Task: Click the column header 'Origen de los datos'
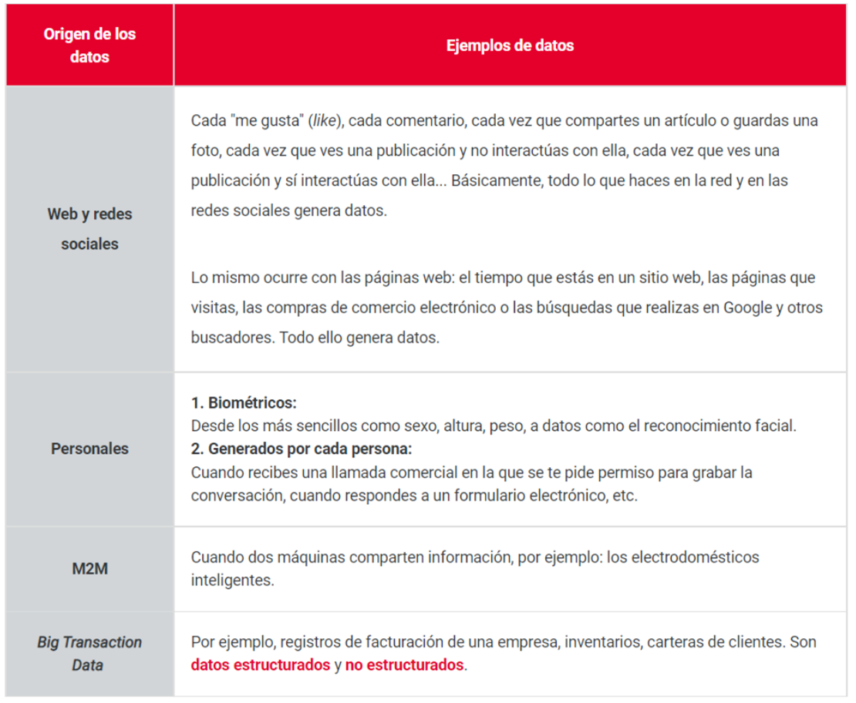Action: tap(89, 45)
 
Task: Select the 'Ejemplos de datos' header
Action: tap(510, 45)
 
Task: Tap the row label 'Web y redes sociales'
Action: tap(89, 229)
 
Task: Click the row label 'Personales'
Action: tap(89, 449)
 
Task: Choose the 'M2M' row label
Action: tap(89, 569)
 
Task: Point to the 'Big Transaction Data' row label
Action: tap(89, 653)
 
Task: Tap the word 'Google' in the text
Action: tap(747, 308)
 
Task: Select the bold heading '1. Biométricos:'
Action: tap(244, 403)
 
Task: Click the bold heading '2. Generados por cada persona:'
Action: tap(302, 449)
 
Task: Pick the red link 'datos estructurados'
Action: tap(260, 665)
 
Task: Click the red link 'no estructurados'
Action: tap(404, 665)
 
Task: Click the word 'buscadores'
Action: tap(226, 338)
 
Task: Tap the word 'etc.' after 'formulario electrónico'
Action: tap(625, 495)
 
